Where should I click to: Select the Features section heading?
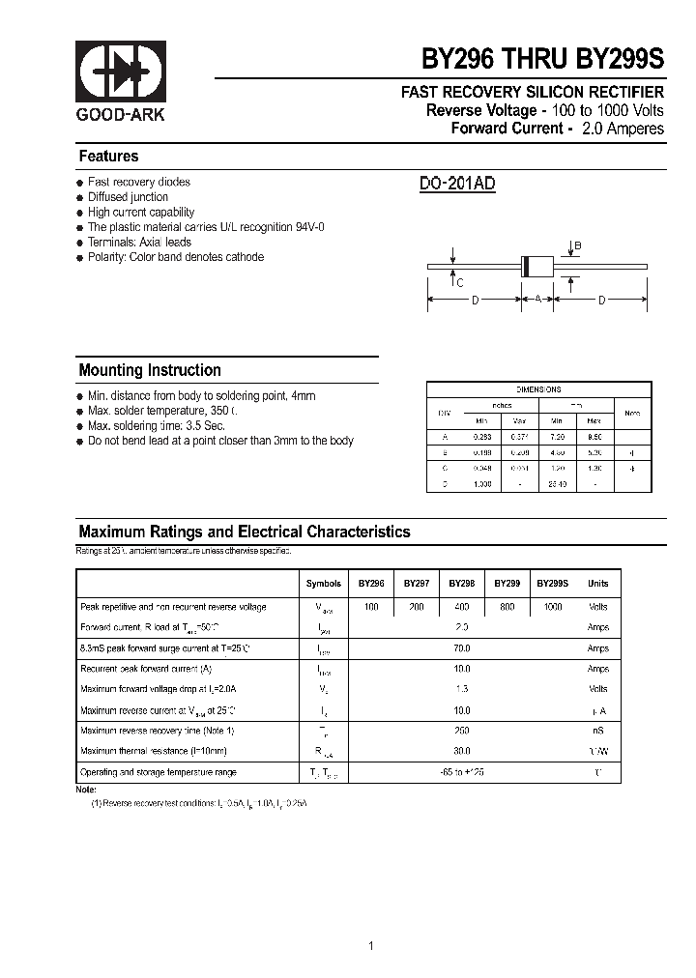pyautogui.click(x=108, y=157)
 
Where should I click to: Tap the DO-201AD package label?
pyautogui.click(x=457, y=184)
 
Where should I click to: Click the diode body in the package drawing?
pyautogui.click(x=536, y=265)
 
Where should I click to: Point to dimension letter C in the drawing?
pyautogui.click(x=459, y=283)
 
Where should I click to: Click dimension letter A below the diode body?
pyautogui.click(x=537, y=301)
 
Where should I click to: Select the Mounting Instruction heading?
pyautogui.click(x=149, y=370)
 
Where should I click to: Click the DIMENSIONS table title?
pyautogui.click(x=538, y=389)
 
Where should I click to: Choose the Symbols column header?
pyautogui.click(x=323, y=584)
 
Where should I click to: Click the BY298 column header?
pyautogui.click(x=461, y=584)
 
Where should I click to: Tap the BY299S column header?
pyautogui.click(x=552, y=584)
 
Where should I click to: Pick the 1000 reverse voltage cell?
pyautogui.click(x=552, y=607)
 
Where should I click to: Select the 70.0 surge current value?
pyautogui.click(x=461, y=648)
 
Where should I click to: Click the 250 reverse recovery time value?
pyautogui.click(x=461, y=731)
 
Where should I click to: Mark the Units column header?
pyautogui.click(x=597, y=584)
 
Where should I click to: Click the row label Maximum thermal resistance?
pyautogui.click(x=153, y=751)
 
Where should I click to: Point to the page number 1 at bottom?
pyautogui.click(x=370, y=919)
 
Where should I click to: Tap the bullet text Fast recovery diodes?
pyautogui.click(x=138, y=182)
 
